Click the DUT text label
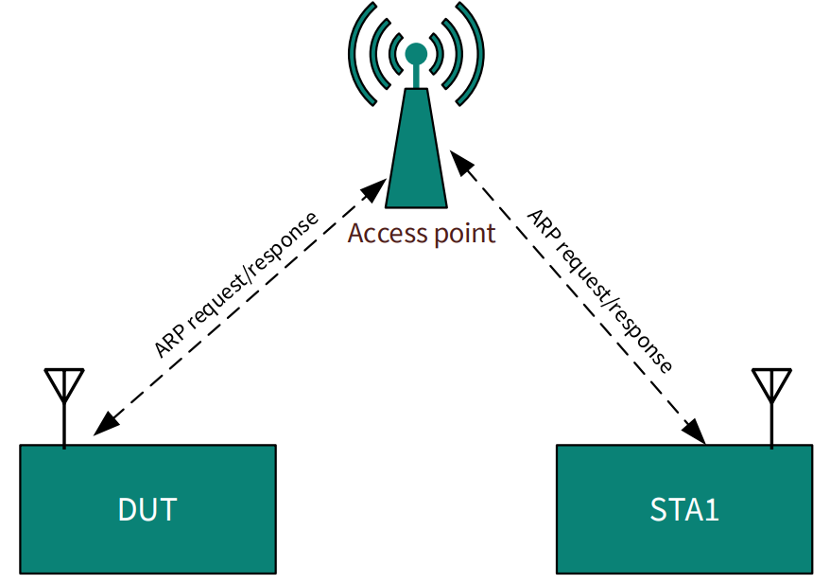tap(147, 510)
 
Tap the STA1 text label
tap(684, 510)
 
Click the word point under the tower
tap(464, 234)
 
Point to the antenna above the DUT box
tap(64, 388)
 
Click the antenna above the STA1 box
tap(771, 388)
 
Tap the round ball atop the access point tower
tap(416, 53)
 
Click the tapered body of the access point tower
tap(416, 156)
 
